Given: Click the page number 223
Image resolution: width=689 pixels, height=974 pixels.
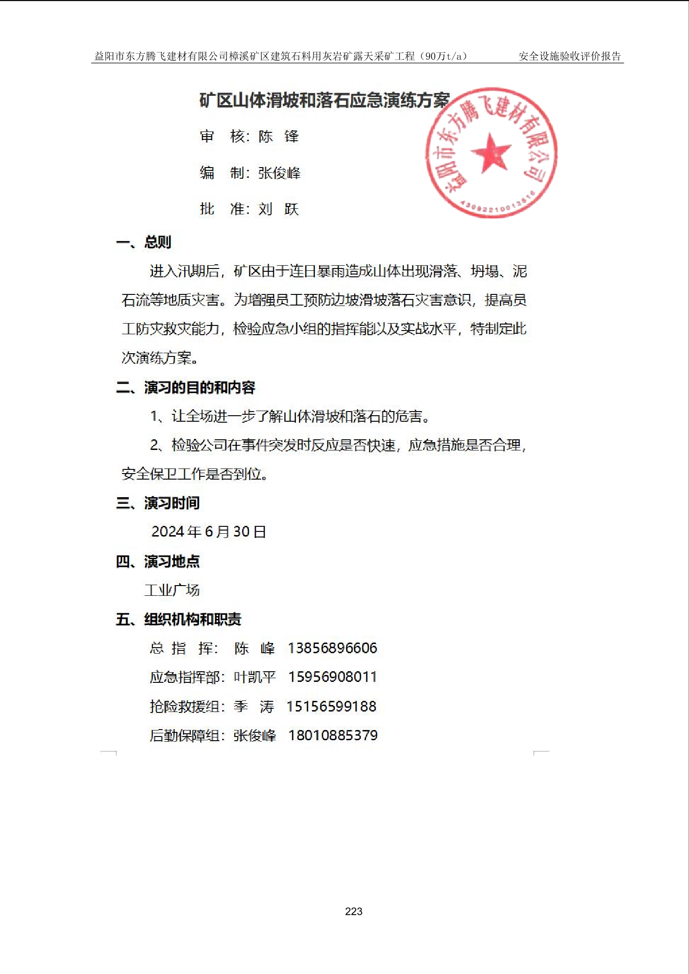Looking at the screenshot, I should point(354,911).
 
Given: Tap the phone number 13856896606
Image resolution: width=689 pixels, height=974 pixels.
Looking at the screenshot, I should point(332,648).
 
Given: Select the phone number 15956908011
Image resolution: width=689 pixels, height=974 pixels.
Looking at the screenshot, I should point(332,677).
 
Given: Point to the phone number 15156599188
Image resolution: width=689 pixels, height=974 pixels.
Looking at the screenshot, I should point(332,706).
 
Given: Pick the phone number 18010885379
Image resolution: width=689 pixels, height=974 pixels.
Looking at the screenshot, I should point(333,735).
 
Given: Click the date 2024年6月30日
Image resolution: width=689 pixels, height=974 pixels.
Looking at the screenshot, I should point(209,532).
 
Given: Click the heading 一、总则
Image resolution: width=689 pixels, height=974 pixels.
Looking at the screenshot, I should point(144,242).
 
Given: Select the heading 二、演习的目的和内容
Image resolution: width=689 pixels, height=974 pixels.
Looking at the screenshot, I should point(186,387).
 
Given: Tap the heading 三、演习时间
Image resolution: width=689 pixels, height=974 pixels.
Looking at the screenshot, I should point(158,503).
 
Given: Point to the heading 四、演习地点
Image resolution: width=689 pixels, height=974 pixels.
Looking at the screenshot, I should point(158,562).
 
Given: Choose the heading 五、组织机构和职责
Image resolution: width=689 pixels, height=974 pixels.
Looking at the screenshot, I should point(179,619).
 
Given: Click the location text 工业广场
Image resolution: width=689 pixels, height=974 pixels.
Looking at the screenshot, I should point(172,590).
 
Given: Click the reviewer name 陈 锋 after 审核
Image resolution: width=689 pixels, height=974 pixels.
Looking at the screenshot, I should point(279,137).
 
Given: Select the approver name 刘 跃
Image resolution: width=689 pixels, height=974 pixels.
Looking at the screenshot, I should point(279,209).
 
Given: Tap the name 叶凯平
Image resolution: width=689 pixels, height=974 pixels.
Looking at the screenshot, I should point(255,677).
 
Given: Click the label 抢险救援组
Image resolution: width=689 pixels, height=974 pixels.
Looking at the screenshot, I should point(185,706).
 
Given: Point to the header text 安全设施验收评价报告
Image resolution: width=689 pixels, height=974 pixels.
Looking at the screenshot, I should point(570,56).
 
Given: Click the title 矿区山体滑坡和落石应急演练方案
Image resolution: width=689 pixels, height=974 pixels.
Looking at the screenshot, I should point(325,100).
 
